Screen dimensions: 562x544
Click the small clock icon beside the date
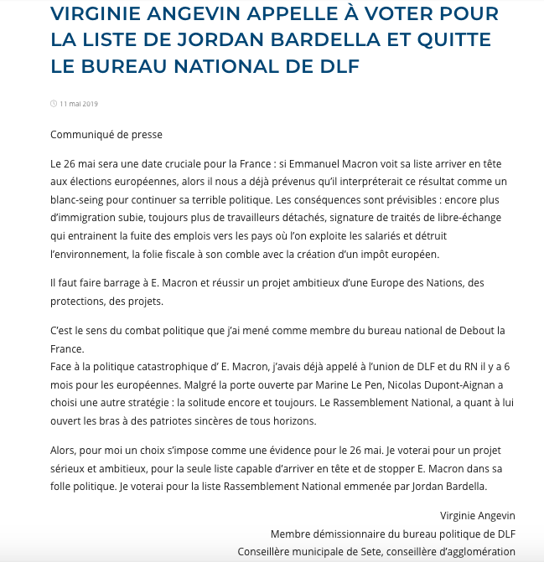tap(54, 104)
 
